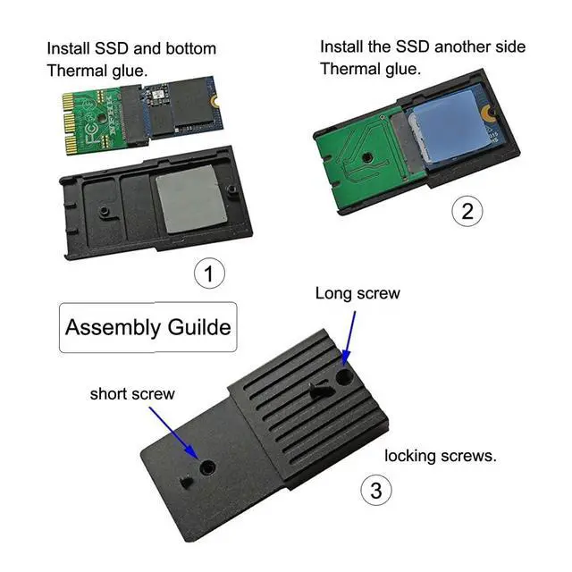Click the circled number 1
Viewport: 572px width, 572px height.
(209, 273)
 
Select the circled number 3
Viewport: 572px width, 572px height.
(375, 490)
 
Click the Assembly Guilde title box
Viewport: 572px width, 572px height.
(147, 327)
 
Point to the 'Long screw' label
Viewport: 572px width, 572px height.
(357, 293)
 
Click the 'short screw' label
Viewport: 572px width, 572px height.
(132, 393)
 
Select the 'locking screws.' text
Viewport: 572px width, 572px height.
(441, 456)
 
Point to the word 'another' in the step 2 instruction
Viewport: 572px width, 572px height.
(457, 46)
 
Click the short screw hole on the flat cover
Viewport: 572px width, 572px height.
(206, 467)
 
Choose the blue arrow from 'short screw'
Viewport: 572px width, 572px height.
(175, 428)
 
